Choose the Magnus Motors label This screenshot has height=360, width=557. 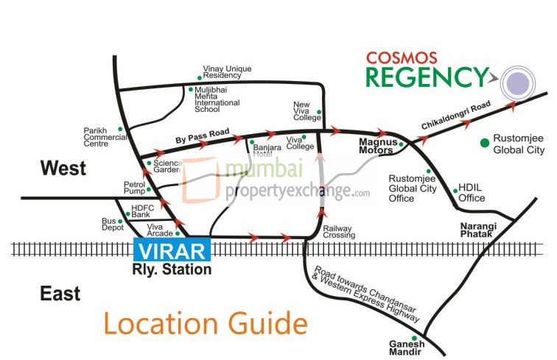point(377,145)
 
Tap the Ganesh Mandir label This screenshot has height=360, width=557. point(407,347)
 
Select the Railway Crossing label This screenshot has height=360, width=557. point(339,232)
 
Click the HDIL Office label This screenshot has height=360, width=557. point(472,193)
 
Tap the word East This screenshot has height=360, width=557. point(60,294)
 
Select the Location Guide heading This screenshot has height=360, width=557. point(204,323)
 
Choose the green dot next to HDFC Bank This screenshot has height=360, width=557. point(127,214)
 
